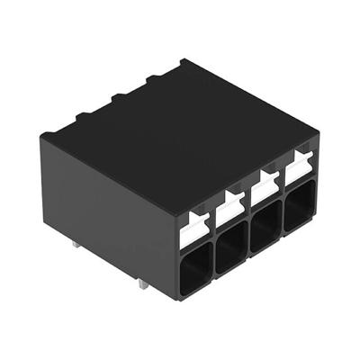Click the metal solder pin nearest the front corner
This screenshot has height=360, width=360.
145,284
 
